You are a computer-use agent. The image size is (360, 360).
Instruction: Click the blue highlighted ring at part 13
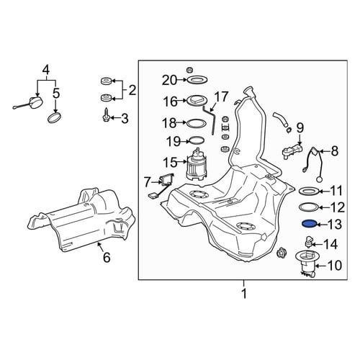[309, 224]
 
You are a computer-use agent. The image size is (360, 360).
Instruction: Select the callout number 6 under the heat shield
[107, 258]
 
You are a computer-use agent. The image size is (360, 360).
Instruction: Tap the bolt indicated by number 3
[106, 115]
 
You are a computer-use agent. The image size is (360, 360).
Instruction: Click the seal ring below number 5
[54, 117]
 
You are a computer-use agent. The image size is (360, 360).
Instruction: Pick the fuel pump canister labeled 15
[196, 164]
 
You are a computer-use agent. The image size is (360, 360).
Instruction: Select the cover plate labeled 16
[197, 101]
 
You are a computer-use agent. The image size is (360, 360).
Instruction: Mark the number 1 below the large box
[244, 294]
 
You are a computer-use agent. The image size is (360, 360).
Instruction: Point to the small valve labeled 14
[309, 242]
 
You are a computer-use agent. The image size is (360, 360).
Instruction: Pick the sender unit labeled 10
[307, 264]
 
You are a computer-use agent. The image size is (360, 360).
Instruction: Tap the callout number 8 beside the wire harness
[335, 151]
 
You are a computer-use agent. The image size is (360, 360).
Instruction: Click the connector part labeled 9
[292, 150]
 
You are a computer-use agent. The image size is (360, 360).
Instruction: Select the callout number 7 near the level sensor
[147, 182]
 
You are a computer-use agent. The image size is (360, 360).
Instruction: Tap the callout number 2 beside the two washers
[132, 91]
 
